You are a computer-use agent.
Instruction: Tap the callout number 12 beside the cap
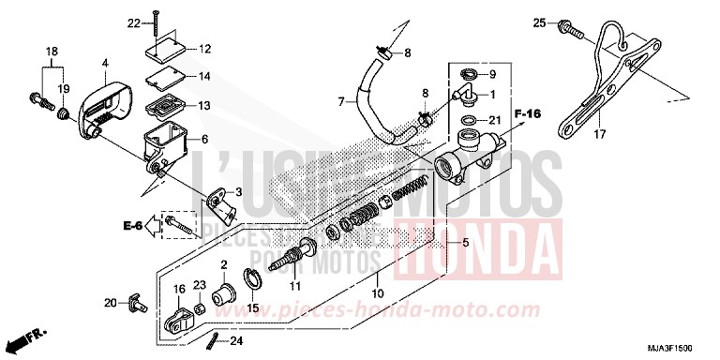(x=205, y=48)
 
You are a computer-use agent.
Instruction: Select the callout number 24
(x=236, y=340)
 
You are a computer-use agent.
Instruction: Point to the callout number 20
(x=110, y=302)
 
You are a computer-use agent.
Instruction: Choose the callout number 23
(x=200, y=284)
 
